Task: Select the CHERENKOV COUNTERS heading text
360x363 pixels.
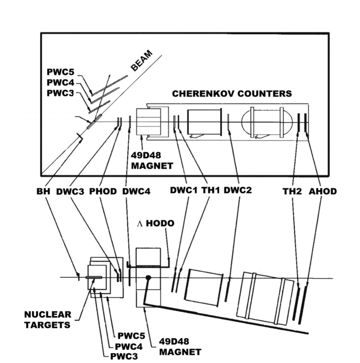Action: coord(232,94)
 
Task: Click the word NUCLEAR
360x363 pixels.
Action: coord(48,314)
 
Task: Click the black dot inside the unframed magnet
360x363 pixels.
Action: coord(148,278)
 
